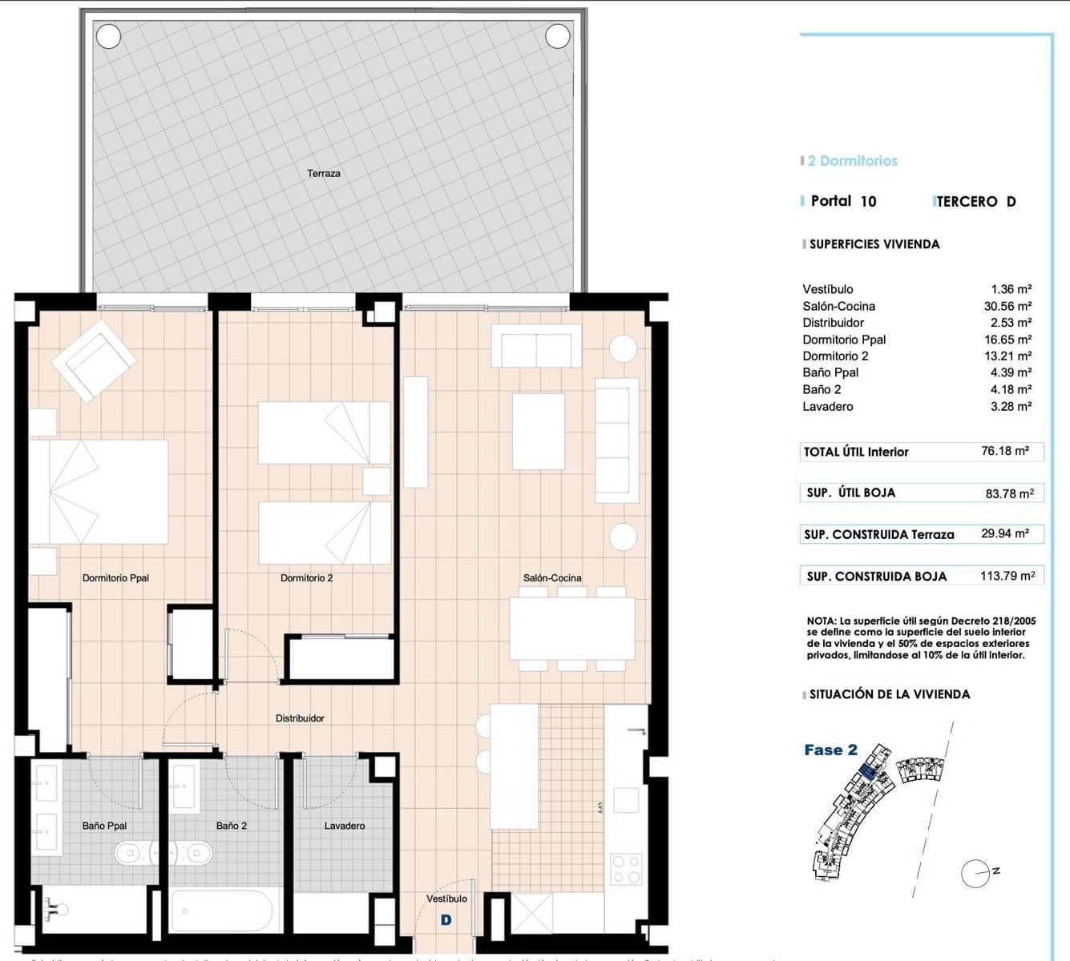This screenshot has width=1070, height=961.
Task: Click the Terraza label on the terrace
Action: (324, 173)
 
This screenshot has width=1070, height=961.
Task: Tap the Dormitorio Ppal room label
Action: (115, 577)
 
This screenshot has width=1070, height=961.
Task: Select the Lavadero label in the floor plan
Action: (345, 826)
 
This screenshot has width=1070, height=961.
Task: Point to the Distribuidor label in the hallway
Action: (300, 718)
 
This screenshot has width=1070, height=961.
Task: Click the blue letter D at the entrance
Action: (446, 920)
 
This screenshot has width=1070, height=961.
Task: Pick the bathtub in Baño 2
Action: (222, 911)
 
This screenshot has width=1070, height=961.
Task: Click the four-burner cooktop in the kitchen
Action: (626, 869)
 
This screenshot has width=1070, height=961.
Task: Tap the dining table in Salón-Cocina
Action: (571, 629)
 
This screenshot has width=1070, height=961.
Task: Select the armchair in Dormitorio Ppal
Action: (93, 360)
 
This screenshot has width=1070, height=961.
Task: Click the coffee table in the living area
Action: (539, 431)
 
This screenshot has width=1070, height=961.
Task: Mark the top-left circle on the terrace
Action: (108, 36)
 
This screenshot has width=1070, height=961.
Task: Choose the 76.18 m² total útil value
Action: (1004, 451)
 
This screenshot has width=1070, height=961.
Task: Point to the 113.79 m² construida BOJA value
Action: (1007, 576)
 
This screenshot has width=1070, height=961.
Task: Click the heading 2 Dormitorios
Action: (852, 161)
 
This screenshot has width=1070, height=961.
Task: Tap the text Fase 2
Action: (830, 750)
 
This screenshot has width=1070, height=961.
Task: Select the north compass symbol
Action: (977, 874)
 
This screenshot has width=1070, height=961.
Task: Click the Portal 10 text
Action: (843, 201)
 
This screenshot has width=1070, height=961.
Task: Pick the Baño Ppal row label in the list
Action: (830, 372)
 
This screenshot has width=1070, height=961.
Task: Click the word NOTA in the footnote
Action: (821, 621)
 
